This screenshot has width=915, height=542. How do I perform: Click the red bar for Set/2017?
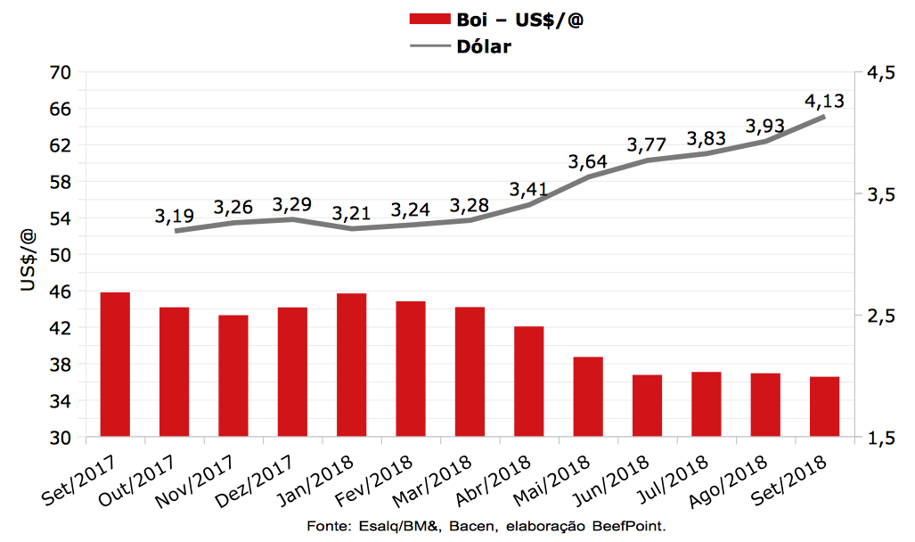click(115, 365)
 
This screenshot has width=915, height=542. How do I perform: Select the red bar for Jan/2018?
click(351, 365)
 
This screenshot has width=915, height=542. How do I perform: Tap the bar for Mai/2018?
click(588, 397)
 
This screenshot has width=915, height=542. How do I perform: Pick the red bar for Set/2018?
click(824, 406)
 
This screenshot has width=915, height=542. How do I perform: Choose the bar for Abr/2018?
click(528, 382)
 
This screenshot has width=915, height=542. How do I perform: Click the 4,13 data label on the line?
click(824, 101)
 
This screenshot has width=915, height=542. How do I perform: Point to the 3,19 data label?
click(175, 216)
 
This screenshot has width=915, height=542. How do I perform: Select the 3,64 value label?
click(588, 162)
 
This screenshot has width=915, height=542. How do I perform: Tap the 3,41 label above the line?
click(529, 190)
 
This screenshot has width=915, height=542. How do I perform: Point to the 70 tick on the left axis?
click(60, 72)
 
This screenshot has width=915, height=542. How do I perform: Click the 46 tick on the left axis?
click(60, 292)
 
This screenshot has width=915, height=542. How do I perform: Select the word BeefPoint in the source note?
click(630, 526)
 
